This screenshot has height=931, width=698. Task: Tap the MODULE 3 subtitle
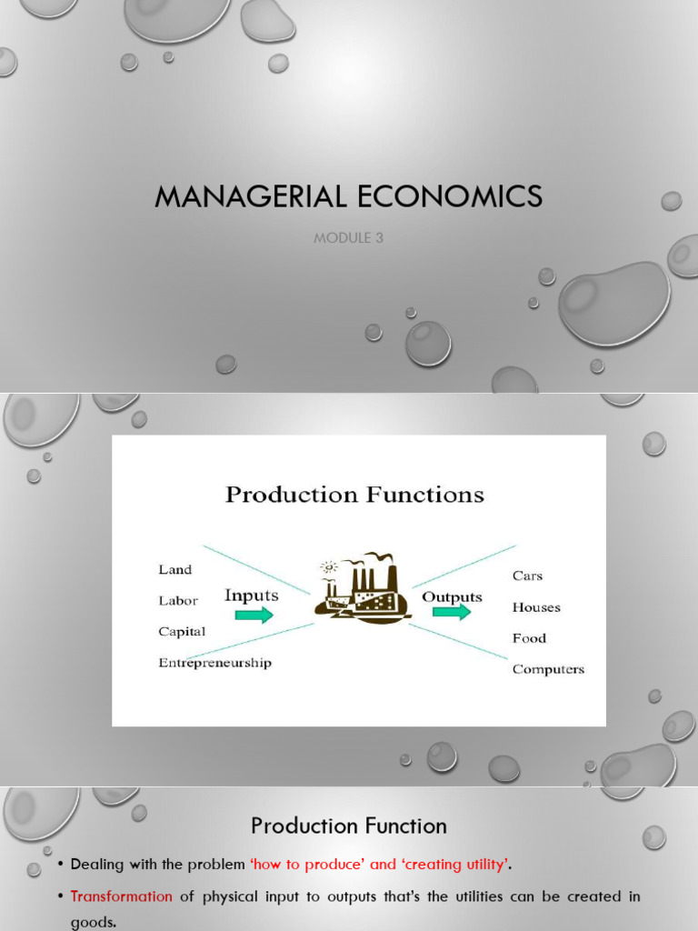click(348, 238)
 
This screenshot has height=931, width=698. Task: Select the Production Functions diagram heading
click(354, 496)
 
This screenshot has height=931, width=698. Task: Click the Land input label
click(175, 570)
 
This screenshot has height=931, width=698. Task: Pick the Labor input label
click(178, 601)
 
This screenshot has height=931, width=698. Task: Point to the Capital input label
click(182, 632)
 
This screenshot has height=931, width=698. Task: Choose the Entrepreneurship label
click(214, 663)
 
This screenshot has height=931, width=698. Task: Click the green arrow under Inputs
click(254, 616)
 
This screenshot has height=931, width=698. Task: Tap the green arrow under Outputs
click(452, 612)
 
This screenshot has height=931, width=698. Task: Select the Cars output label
click(528, 576)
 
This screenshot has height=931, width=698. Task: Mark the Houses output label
click(536, 607)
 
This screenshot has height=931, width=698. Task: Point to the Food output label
click(529, 638)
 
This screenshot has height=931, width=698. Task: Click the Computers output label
click(548, 669)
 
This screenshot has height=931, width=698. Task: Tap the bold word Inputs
click(252, 596)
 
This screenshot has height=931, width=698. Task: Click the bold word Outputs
click(453, 596)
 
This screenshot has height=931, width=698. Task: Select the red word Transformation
click(122, 896)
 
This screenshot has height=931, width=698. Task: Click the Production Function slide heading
click(349, 826)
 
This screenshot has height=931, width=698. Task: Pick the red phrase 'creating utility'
click(443, 864)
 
